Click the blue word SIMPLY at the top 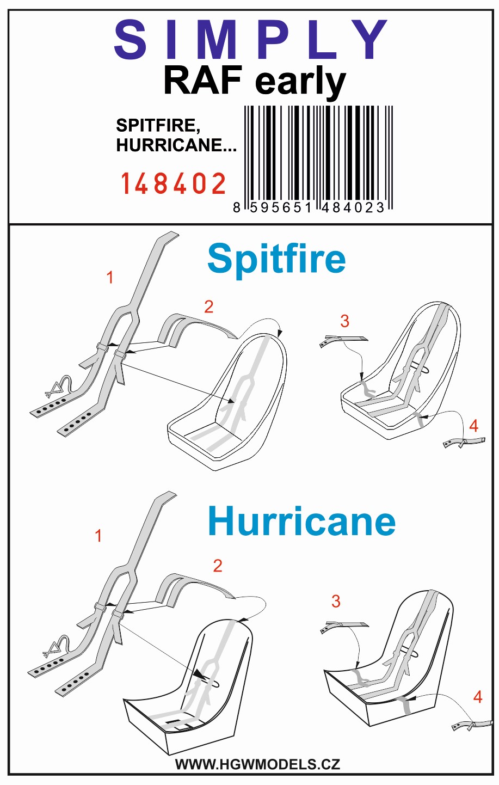coord(251,39)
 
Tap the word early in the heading coord(300,83)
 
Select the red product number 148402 coord(173,183)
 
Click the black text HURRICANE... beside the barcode coord(176,145)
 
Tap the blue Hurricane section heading coord(301,521)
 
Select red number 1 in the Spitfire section coord(110,278)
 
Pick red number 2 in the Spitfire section coord(209,307)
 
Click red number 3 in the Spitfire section coord(345,321)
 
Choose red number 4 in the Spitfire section coord(474,426)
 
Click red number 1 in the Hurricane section coord(98,536)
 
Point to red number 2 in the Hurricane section coord(218,566)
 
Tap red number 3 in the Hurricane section coord(336,601)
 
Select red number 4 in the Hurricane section coord(478,697)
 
